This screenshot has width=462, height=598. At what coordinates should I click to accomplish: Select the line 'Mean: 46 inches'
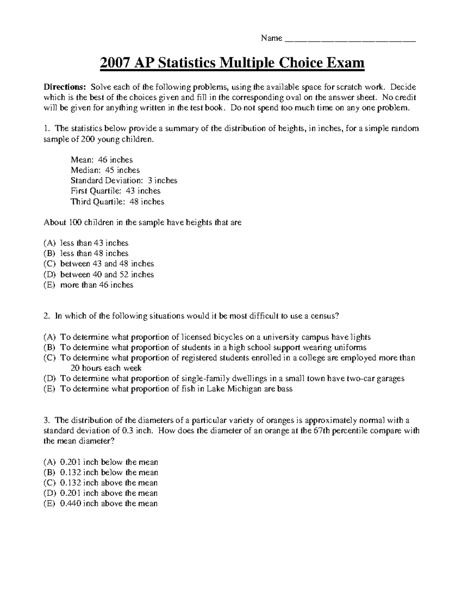pyautogui.click(x=102, y=160)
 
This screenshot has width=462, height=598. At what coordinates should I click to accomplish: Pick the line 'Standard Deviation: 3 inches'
pyautogui.click(x=124, y=181)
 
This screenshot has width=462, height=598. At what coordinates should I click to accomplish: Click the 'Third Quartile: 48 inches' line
pyautogui.click(x=117, y=202)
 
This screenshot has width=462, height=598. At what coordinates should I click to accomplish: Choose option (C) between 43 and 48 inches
pyautogui.click(x=107, y=264)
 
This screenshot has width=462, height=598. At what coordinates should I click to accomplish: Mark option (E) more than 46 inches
pyautogui.click(x=97, y=285)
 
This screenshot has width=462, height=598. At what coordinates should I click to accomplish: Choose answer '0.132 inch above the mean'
pyautogui.click(x=109, y=483)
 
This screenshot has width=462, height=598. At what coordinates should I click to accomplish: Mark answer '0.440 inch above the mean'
pyautogui.click(x=109, y=504)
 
